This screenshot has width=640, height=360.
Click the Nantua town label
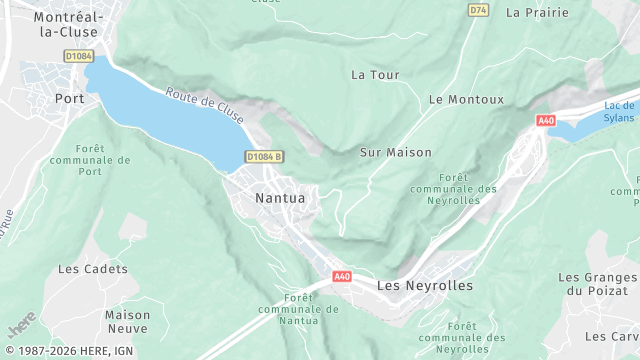280,198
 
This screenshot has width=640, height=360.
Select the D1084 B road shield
265,157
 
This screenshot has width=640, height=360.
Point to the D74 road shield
478,10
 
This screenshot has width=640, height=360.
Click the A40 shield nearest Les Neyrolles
342,276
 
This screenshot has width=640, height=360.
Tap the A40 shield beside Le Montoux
545,121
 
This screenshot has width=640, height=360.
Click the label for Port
70,99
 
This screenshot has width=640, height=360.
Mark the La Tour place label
375,75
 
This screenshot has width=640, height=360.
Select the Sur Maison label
395,152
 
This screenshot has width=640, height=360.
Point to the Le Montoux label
466,100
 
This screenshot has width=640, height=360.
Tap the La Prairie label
537,13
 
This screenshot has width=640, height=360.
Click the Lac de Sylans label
620,111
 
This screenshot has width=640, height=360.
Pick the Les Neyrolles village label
425,286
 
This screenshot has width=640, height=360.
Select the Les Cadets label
93,269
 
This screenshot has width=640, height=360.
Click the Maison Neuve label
128,321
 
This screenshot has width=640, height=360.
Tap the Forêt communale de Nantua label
311,309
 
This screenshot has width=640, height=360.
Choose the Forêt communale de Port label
103,160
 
